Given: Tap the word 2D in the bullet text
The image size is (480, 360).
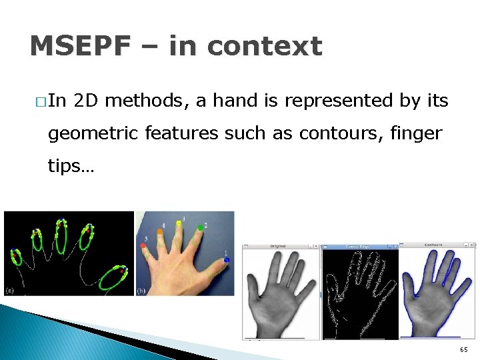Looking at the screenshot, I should pos(86,101).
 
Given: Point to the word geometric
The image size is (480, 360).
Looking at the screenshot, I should pos(93,133).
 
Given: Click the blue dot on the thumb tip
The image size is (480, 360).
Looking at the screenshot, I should pos(227,259).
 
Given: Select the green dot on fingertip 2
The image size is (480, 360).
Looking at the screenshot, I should pos(200,229).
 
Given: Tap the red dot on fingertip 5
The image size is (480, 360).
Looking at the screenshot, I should pos(143,246).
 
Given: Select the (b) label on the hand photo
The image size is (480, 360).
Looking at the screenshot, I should pos(141,290).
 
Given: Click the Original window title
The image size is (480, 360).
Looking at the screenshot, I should pos(277,246).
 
